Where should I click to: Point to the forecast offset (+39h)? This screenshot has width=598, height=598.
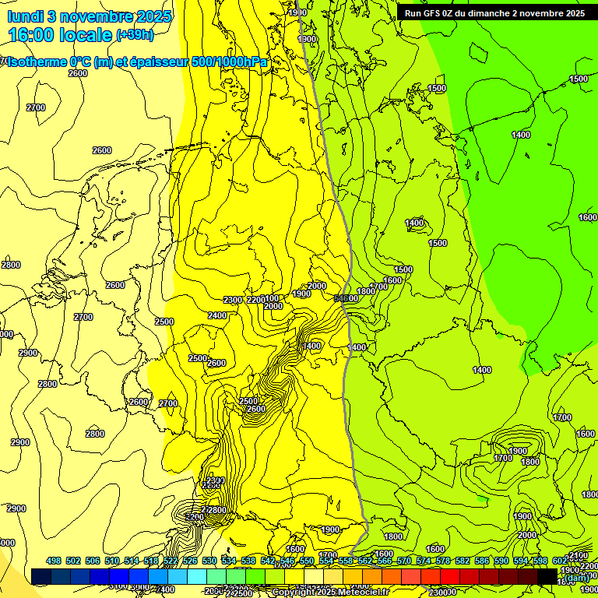click(135, 35)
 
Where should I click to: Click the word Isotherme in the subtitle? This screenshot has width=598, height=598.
click(37, 62)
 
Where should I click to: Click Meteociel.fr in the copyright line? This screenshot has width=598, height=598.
click(361, 593)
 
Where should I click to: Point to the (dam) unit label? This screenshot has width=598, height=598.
click(575, 578)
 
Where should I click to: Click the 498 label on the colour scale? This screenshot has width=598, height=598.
click(54, 561)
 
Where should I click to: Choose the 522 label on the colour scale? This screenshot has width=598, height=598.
click(171, 561)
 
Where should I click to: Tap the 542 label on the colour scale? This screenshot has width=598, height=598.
click(268, 561)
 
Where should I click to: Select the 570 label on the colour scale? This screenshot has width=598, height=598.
click(404, 561)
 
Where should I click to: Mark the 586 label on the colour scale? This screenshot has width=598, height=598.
click(482, 561)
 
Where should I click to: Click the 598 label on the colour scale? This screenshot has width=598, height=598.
click(540, 561)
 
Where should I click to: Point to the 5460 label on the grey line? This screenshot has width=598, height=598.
click(346, 298)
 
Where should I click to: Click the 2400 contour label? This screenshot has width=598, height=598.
click(218, 315)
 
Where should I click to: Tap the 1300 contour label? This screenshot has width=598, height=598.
click(308, 39)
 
